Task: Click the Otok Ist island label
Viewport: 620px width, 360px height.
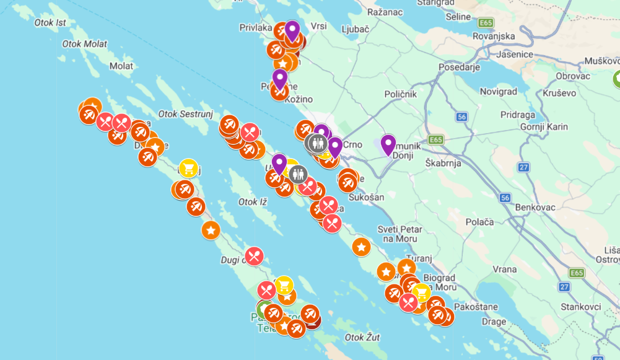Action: coord(50,23)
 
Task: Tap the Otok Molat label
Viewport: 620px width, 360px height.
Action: coord(84,44)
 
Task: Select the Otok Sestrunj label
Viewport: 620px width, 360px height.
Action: coord(184,114)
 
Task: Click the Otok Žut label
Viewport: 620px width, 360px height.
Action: coord(362,338)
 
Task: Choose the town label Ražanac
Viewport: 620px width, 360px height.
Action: coord(385,12)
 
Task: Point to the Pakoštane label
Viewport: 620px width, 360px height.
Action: coord(475,307)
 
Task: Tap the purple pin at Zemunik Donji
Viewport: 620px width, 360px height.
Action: coord(388,144)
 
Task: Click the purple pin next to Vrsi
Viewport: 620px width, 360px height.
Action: coord(292,30)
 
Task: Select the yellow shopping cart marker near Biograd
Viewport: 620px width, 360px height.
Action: coord(421,292)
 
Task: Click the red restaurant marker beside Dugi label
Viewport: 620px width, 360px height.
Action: coord(253,256)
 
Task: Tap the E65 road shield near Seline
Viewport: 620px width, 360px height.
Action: coord(486,23)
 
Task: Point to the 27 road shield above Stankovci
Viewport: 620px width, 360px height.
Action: coord(564,287)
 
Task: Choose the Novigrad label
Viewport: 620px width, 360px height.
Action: coord(498,92)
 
